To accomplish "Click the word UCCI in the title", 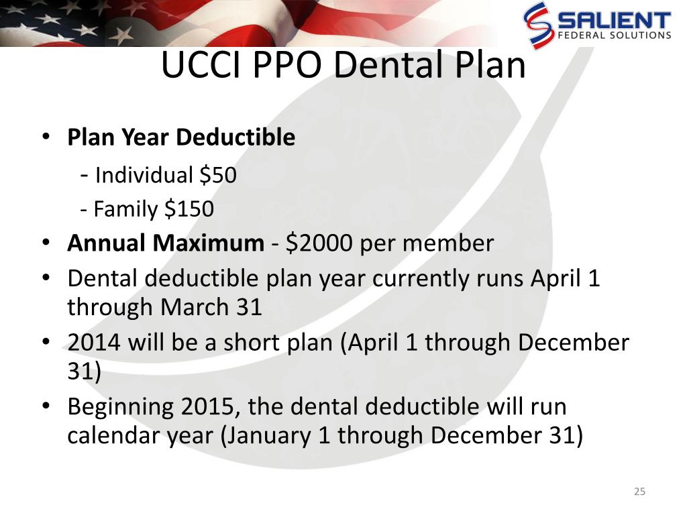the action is [x=201, y=64].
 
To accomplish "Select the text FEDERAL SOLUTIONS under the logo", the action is [x=615, y=35].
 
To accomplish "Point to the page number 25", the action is [x=639, y=492].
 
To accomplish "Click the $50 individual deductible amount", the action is [x=218, y=175].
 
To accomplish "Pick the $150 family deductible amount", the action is [x=189, y=209].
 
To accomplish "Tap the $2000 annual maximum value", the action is [x=319, y=243].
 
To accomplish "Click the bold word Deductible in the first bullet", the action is [x=235, y=137].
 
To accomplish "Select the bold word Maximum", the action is [x=209, y=243].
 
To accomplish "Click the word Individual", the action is [x=144, y=175].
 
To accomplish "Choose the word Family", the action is [x=125, y=210].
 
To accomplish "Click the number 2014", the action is [x=94, y=343].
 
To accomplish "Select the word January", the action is [x=268, y=436].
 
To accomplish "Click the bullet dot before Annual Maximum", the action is [x=46, y=243].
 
